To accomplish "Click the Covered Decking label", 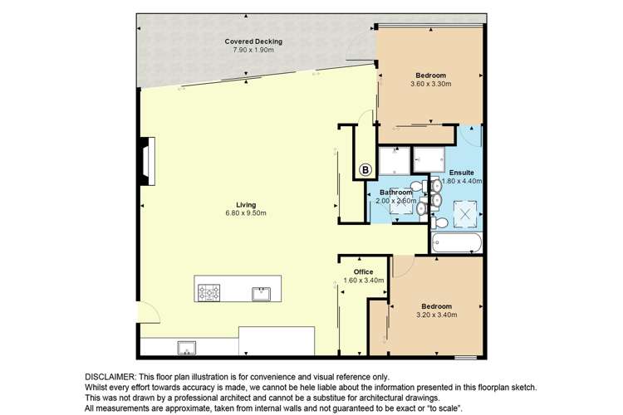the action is click(x=253, y=41).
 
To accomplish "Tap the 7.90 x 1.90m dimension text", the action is click(x=253, y=50).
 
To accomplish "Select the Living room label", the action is click(x=246, y=205).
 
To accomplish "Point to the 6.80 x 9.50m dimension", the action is click(x=246, y=213).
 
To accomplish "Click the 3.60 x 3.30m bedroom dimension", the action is click(x=430, y=84).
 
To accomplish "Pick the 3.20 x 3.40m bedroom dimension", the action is click(x=437, y=315).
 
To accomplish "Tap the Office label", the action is click(x=364, y=272).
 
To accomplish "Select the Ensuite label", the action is click(x=462, y=173).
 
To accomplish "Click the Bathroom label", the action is click(x=395, y=193).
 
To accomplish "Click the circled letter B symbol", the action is click(x=365, y=170).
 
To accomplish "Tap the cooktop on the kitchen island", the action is click(x=209, y=293).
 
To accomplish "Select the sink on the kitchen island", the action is click(x=261, y=294).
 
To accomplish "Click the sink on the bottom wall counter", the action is click(x=186, y=348).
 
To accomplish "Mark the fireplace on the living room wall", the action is click(x=148, y=161).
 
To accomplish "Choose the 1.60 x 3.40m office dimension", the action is click(x=364, y=281).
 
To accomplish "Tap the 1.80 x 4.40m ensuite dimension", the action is click(x=462, y=181).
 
